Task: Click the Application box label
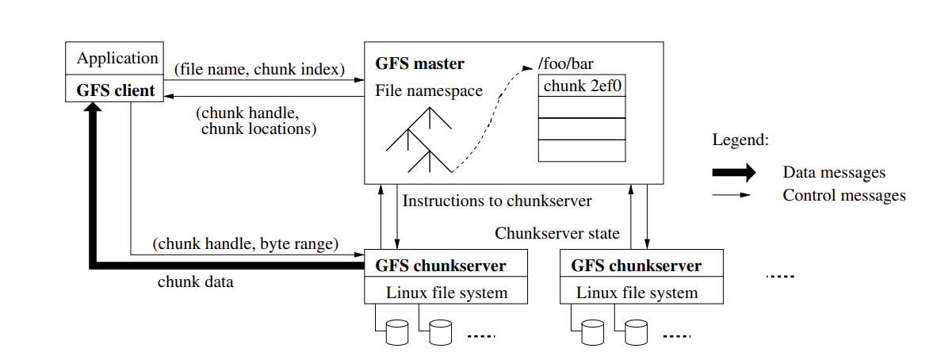click(117, 59)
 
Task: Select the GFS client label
click(116, 90)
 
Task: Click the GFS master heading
click(419, 63)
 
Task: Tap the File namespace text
click(429, 91)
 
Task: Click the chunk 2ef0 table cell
click(581, 86)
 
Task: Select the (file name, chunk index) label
click(259, 69)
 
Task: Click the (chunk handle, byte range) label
click(246, 243)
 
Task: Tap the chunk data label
click(195, 281)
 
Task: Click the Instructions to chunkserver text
click(497, 201)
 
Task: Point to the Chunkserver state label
click(557, 233)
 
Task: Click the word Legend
click(740, 140)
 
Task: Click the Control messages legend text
click(843, 195)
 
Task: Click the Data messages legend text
click(834, 172)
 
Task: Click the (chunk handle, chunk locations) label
click(254, 121)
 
